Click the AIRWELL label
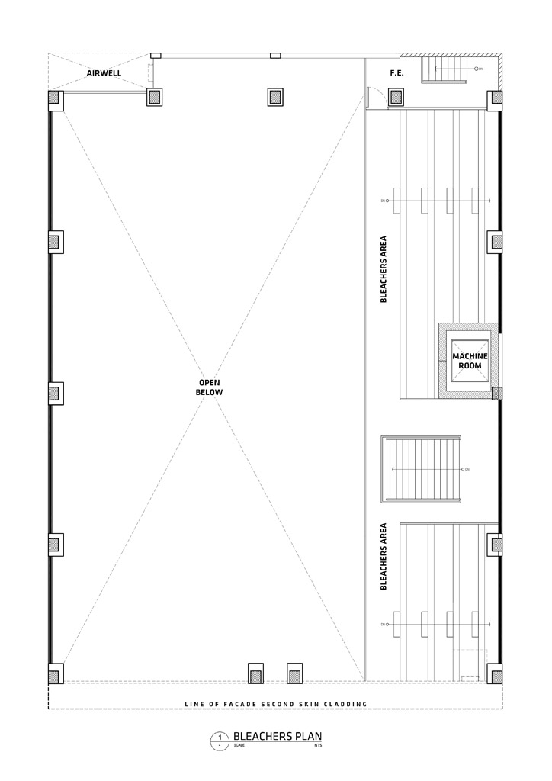tap(104, 74)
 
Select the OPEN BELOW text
tap(210, 387)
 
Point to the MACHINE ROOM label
tap(468, 361)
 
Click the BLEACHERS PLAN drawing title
tap(283, 737)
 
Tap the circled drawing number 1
tap(220, 738)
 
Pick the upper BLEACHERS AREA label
tap(384, 269)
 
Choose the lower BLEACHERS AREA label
tap(384, 556)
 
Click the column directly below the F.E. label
tap(396, 97)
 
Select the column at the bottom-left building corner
tap(54, 674)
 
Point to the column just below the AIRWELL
tap(155, 97)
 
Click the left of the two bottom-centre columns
tap(256, 674)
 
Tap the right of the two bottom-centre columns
tap(294, 674)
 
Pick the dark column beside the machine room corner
tap(496, 394)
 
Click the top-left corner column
tap(54, 98)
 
